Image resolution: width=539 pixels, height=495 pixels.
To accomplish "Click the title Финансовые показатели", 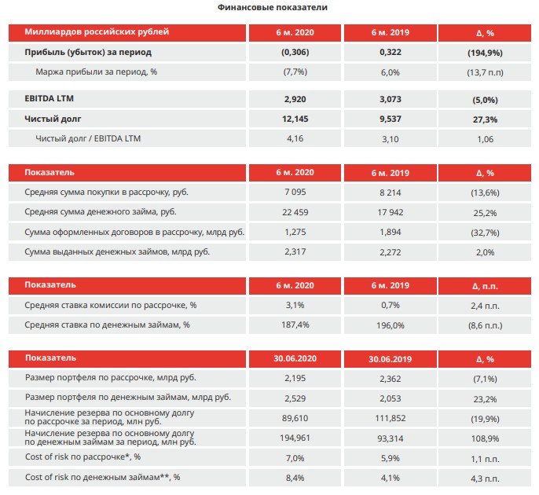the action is (x=272, y=7).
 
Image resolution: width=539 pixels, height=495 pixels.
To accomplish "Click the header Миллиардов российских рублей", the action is (x=97, y=32).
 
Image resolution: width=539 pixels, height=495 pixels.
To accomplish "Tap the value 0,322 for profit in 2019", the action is (x=390, y=52).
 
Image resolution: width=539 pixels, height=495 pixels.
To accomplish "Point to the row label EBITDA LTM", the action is (x=49, y=99).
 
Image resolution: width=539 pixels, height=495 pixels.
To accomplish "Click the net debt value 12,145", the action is (x=295, y=119).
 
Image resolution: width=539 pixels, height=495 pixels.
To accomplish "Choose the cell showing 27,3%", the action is (x=485, y=119).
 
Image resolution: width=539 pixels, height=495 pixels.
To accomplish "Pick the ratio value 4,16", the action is (x=295, y=138).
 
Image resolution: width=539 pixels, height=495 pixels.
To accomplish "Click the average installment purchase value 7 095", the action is (x=295, y=192).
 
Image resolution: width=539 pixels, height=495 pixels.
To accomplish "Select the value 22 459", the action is (x=295, y=212).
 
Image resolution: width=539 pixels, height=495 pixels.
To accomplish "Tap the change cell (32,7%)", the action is (x=485, y=233).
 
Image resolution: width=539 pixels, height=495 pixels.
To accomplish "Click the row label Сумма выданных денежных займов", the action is (x=117, y=252).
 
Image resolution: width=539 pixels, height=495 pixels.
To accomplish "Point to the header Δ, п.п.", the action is (x=485, y=286).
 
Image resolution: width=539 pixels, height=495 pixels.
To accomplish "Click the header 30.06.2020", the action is (x=295, y=358).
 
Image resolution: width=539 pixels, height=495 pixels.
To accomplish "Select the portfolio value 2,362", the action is (x=390, y=379).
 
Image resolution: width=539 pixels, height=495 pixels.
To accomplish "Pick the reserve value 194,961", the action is (x=295, y=438).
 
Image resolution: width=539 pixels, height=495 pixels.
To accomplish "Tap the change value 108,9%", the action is (x=485, y=438).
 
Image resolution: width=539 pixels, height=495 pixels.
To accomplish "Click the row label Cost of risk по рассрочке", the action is (x=82, y=456).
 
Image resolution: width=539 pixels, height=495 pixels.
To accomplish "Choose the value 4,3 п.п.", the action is (x=485, y=478).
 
